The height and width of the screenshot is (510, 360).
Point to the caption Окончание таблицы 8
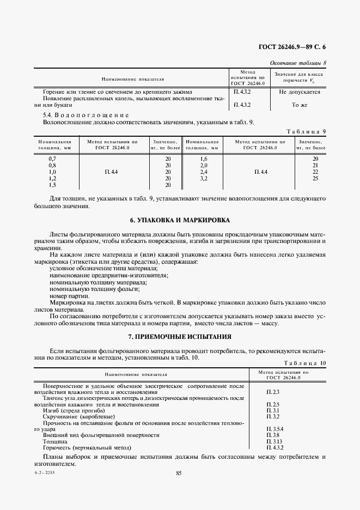click(298, 63)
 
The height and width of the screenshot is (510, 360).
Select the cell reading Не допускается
click(299, 92)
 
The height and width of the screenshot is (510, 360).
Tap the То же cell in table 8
click(299, 105)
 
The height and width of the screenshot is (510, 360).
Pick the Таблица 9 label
click(306, 131)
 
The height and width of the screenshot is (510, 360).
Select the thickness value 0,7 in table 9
click(52, 159)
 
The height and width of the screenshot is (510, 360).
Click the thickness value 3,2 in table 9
click(204, 178)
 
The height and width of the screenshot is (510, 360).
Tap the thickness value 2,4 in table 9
click(204, 172)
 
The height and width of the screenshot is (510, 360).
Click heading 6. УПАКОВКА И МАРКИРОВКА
click(180, 220)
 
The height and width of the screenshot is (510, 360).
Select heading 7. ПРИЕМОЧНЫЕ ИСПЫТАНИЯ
click(180, 337)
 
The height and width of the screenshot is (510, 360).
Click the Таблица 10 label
click(305, 362)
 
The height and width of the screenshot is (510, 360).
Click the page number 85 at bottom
click(179, 472)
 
